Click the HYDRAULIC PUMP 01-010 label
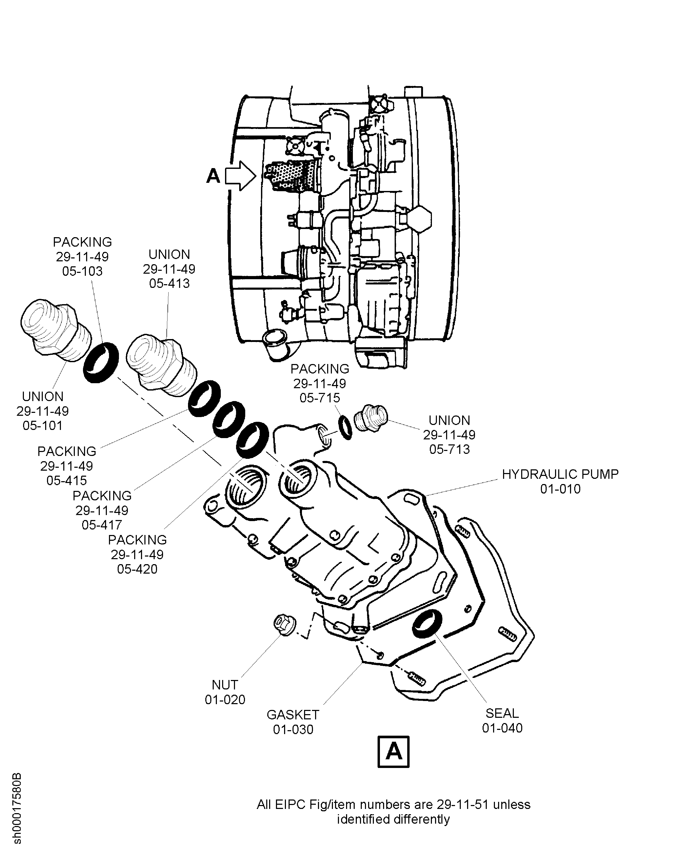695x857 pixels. point(560,481)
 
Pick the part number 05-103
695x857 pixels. point(82,272)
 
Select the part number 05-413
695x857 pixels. point(169,284)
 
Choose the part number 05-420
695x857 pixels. point(137,569)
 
